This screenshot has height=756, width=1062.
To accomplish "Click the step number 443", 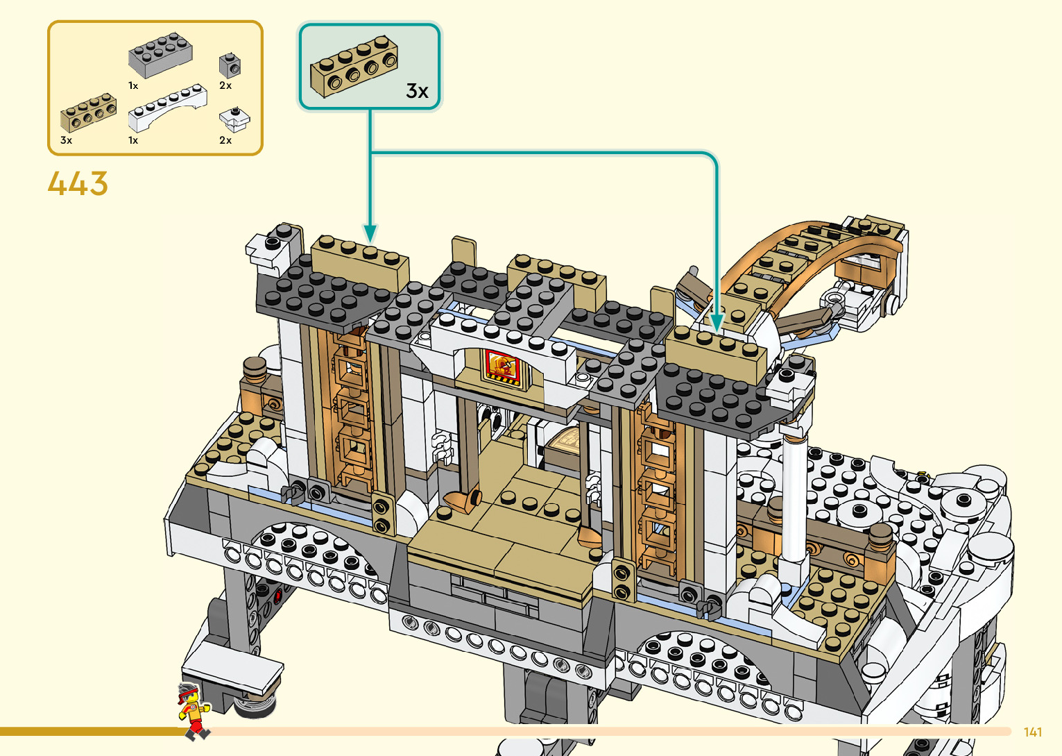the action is coord(78,184).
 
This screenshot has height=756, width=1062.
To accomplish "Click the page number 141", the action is coord(1032,732).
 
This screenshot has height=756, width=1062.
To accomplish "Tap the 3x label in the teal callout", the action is coord(417,91).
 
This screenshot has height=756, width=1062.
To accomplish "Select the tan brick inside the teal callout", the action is coord(354,67).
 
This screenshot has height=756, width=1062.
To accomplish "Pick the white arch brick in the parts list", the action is coord(167,108).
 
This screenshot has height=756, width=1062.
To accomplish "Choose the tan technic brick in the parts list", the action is coord(88,113).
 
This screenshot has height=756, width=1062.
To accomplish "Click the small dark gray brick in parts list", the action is coord(230,65).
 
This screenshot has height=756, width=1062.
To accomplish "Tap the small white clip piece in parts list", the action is coord(234,119).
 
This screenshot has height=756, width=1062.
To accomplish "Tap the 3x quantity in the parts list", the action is coord(67,140).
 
